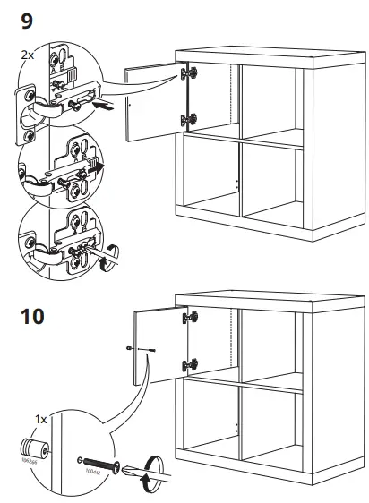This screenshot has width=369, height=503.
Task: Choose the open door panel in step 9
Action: tap(155, 100)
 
